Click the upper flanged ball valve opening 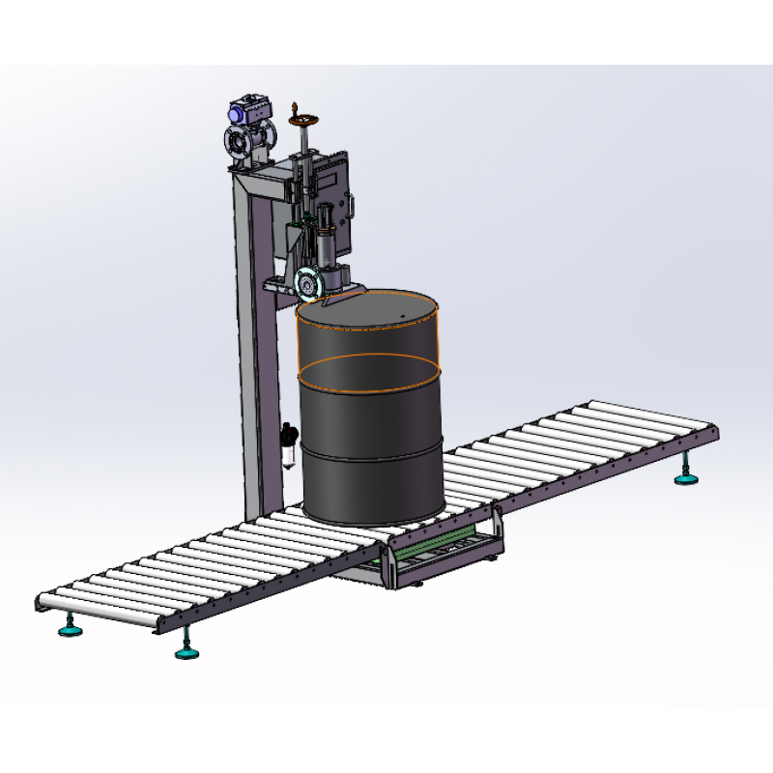(x=236, y=143)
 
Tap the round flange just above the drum (x=308, y=284)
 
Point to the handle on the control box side (x=356, y=204)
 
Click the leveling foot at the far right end (x=687, y=476)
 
